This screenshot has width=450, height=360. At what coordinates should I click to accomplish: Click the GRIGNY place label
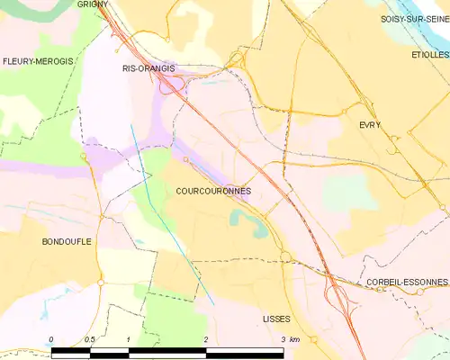(93, 4)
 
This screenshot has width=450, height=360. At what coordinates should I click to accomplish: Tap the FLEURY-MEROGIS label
(37, 61)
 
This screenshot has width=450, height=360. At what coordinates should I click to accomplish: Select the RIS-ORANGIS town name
(148, 67)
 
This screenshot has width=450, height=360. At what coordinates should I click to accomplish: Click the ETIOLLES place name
(430, 55)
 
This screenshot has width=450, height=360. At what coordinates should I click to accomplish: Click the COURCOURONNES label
(213, 191)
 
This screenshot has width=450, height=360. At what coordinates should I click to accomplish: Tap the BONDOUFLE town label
(67, 242)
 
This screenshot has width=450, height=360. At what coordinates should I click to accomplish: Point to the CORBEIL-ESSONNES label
(407, 282)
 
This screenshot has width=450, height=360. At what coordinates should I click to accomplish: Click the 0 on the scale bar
(51, 338)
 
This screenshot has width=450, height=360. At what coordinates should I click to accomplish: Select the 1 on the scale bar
(129, 338)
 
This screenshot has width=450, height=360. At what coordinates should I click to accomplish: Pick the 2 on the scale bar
(206, 338)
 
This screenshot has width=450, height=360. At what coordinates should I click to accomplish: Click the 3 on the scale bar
(283, 338)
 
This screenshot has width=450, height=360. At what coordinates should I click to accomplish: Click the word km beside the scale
(294, 338)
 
